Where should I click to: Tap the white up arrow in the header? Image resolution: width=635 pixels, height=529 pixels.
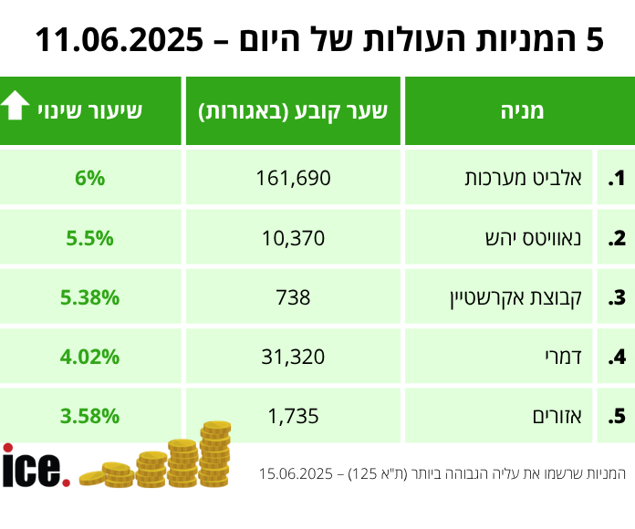point(16,107)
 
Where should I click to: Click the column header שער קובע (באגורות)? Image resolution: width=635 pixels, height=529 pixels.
point(293,111)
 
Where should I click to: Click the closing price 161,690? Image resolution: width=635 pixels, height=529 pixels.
point(293,179)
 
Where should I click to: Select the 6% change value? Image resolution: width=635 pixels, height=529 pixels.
point(90,179)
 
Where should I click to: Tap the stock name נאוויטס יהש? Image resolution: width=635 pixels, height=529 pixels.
point(545,238)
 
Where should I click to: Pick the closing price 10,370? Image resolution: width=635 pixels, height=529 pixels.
point(293,238)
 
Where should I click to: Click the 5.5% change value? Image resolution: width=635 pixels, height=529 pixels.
point(90,238)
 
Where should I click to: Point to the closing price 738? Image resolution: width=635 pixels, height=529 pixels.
point(293,297)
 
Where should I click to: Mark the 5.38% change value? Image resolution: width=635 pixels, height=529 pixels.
point(90,297)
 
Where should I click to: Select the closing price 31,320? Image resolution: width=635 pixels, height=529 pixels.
point(293,357)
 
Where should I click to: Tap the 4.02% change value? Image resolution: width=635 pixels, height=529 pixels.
point(90,357)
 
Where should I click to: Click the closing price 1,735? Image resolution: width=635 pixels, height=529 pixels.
point(293,417)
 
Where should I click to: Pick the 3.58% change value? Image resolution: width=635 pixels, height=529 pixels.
point(90,417)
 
